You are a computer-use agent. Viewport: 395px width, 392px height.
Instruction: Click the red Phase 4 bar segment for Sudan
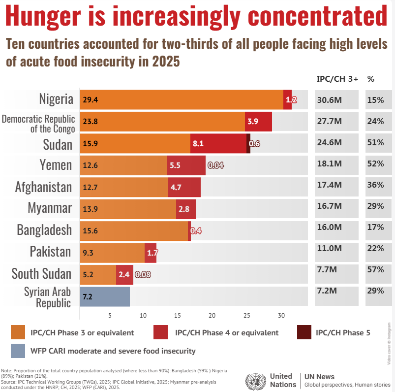[x=218, y=143]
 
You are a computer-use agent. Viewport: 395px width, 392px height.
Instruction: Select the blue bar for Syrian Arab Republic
[x=105, y=296]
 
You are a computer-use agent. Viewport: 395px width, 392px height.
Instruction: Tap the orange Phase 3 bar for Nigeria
[x=182, y=99]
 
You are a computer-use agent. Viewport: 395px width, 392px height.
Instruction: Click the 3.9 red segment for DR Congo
[x=258, y=122]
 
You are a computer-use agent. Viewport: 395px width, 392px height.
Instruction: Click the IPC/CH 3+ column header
[x=337, y=79]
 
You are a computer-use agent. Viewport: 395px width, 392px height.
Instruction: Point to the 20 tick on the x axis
[x=212, y=316]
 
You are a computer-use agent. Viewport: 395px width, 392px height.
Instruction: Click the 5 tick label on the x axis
[x=110, y=316]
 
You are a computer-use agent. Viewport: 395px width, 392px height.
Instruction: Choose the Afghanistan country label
[x=43, y=187]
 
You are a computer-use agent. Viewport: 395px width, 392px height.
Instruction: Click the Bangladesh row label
[x=44, y=230]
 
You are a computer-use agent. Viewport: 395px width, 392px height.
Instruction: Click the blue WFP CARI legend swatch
[x=20, y=351]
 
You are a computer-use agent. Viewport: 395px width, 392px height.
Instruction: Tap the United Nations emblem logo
[x=255, y=380]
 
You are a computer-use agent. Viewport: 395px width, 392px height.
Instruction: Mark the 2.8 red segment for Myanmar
[x=185, y=209]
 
